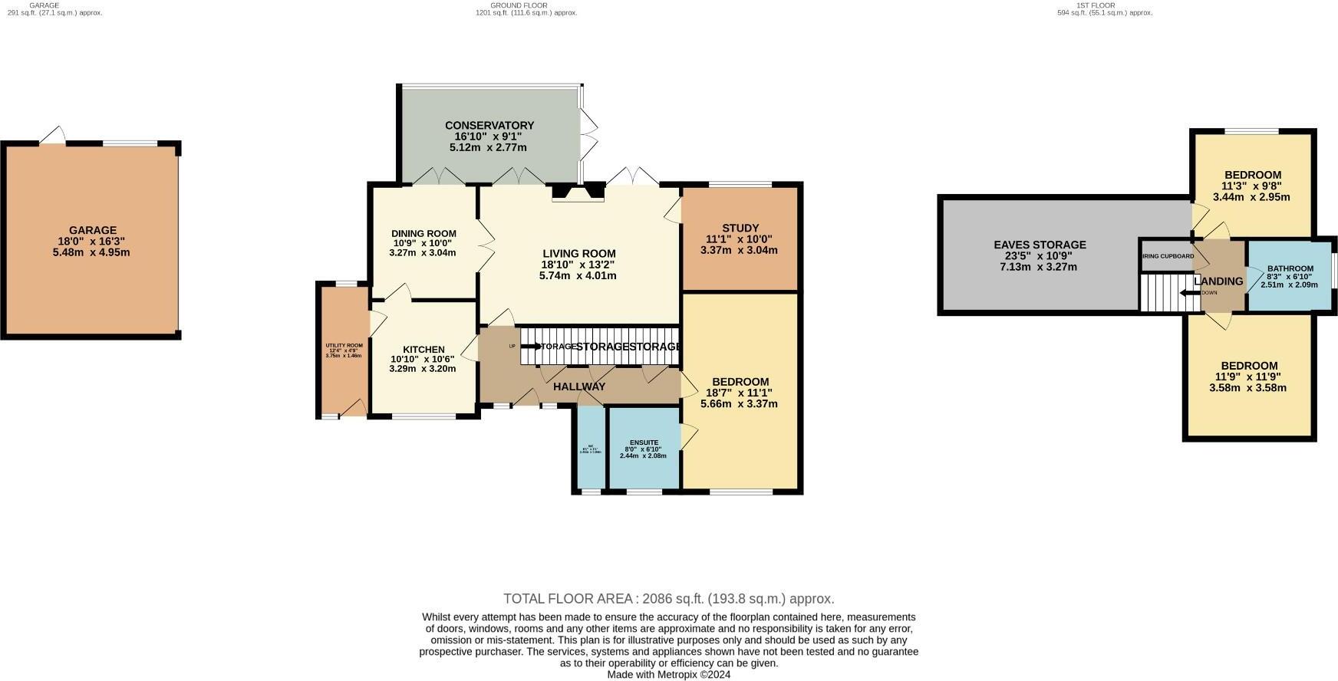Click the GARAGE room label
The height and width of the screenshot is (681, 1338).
tap(93, 230)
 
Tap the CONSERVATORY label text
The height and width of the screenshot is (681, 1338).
tap(489, 125)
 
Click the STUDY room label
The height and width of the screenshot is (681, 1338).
tap(740, 228)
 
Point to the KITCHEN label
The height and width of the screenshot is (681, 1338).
tap(423, 350)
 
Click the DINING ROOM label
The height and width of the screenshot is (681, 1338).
tap(423, 234)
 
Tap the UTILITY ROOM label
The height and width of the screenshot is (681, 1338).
tap(344, 346)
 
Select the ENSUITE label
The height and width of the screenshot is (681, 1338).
tap(644, 442)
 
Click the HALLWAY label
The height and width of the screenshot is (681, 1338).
tap(579, 387)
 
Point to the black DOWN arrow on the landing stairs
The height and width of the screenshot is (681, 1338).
tap(1188, 292)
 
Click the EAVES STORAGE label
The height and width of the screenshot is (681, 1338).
tap(1040, 245)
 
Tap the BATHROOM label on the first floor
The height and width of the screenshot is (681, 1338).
tap(1290, 268)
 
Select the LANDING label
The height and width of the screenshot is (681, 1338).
tap(1218, 281)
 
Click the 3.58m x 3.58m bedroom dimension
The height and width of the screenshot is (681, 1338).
tap(1247, 387)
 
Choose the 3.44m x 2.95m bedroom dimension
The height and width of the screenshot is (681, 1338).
tap(1251, 197)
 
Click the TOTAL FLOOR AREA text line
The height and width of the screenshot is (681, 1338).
tap(668, 599)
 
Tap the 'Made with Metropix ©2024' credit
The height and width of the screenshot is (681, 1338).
tap(668, 675)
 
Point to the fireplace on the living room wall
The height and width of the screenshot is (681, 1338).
tap(578, 192)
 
